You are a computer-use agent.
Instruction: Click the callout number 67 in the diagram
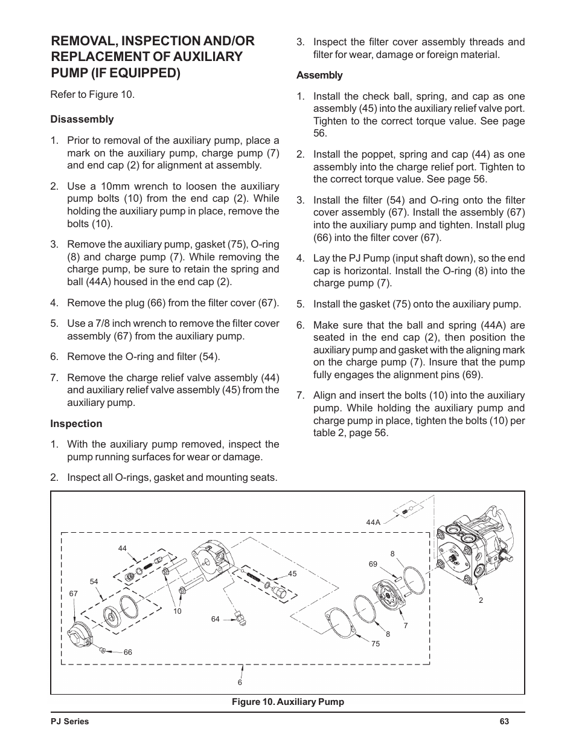click(74, 594)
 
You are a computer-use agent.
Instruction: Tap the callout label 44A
click(373, 522)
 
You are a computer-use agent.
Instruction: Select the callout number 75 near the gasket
click(376, 644)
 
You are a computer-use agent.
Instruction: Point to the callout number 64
click(216, 619)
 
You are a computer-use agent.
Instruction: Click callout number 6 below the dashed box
click(240, 683)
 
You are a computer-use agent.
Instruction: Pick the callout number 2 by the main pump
click(481, 600)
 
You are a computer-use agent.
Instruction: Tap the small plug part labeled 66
click(103, 651)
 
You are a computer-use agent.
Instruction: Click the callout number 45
click(292, 574)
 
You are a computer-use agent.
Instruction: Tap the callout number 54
click(94, 582)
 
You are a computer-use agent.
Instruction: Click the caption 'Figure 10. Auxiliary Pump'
click(287, 702)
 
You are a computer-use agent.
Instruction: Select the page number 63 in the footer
click(505, 721)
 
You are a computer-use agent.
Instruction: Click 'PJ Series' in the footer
click(69, 721)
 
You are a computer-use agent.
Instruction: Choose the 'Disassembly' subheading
click(82, 120)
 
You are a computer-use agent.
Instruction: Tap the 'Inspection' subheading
click(76, 424)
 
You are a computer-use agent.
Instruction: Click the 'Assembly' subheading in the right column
click(319, 76)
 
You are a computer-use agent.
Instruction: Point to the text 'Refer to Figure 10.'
click(92, 95)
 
